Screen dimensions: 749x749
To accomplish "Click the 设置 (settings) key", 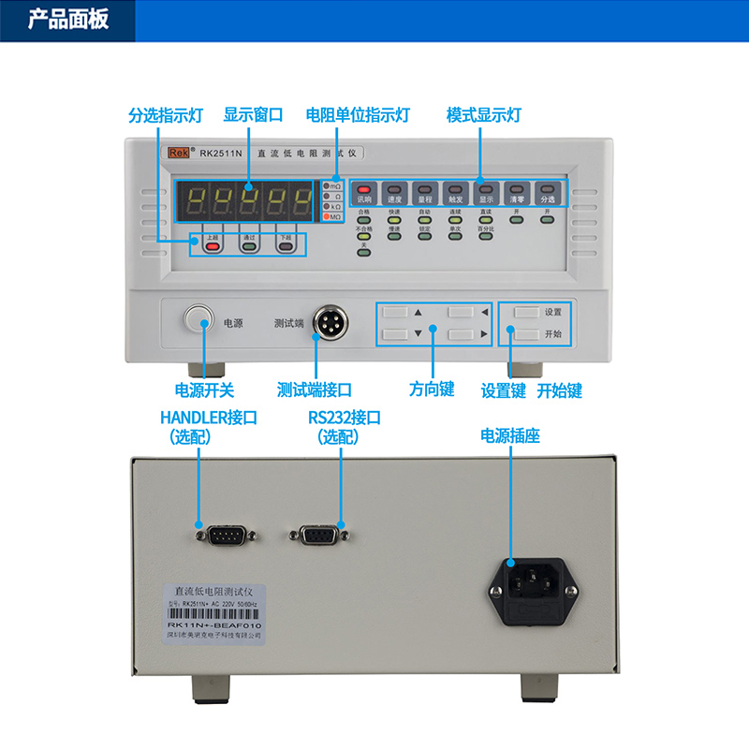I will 527,312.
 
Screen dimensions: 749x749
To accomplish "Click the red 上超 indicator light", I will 213,246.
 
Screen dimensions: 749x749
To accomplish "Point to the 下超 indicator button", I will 286,246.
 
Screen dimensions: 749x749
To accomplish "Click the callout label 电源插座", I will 510,435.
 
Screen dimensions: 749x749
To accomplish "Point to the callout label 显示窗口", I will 253,115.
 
